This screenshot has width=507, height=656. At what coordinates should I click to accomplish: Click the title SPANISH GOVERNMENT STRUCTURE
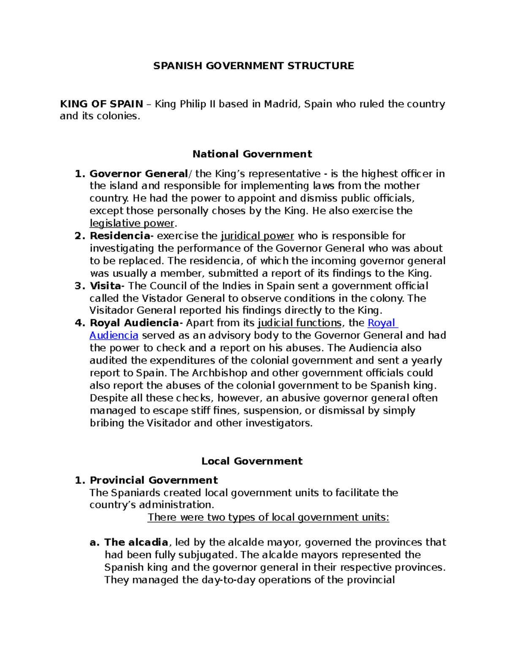[253, 65]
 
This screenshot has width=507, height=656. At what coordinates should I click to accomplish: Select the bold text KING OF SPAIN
[101, 104]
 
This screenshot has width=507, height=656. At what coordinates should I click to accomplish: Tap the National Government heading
[252, 154]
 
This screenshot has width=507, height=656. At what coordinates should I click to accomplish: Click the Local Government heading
[252, 461]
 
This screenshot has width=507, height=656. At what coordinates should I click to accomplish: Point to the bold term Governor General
[139, 174]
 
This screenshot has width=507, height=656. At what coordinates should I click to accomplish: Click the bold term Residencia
[120, 236]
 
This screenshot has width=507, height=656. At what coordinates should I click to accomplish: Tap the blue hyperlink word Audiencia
[114, 335]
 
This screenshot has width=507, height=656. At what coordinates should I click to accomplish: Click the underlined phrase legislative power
[132, 223]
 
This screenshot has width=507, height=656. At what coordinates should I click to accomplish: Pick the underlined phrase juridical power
[257, 236]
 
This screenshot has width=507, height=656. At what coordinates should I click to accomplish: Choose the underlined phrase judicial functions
[299, 323]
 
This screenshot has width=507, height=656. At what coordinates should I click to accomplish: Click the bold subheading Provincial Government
[154, 480]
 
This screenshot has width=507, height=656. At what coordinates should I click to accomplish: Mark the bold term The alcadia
[136, 542]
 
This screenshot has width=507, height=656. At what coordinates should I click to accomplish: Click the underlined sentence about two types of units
[268, 517]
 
